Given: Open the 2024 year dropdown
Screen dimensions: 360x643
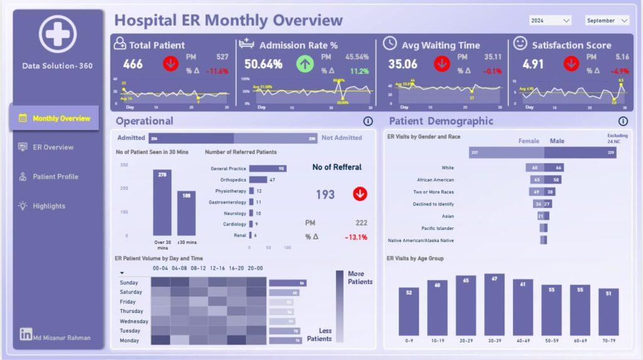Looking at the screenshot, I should [x=549, y=21].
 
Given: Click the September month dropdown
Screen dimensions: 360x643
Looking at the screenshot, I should [x=607, y=21].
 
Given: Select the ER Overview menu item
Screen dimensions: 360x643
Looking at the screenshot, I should [x=53, y=148].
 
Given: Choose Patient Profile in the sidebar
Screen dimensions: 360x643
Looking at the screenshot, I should [x=55, y=177].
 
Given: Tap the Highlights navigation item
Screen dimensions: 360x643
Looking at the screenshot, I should [x=49, y=206].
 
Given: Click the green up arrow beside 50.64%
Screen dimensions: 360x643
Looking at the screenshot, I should [x=304, y=64].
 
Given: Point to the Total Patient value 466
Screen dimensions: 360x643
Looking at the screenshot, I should [x=132, y=64].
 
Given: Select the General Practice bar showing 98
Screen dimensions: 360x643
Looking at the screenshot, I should [x=267, y=168].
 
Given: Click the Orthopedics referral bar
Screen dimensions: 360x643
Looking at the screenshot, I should [x=258, y=180].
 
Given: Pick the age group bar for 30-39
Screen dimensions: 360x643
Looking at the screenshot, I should [x=494, y=305].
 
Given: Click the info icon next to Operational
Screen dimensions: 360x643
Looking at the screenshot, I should [x=368, y=121].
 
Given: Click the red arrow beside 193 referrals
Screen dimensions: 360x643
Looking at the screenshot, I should [x=360, y=194].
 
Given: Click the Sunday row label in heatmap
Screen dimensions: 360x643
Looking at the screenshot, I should [x=129, y=283].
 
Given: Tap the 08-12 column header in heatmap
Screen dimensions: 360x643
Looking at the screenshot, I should [x=198, y=268].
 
